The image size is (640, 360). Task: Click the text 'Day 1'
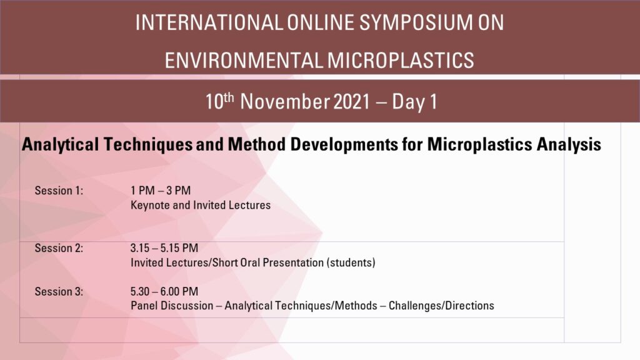414,102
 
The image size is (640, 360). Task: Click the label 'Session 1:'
59,191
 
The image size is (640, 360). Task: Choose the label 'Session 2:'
59,248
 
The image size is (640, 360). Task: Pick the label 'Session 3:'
59,291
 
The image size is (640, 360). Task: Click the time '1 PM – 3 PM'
161,191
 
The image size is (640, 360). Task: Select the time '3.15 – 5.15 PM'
164,248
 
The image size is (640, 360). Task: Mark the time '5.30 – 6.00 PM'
164,291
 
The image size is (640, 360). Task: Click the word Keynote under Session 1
149,205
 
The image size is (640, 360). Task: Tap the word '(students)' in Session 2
351,262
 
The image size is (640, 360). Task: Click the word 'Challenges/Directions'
441,306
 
